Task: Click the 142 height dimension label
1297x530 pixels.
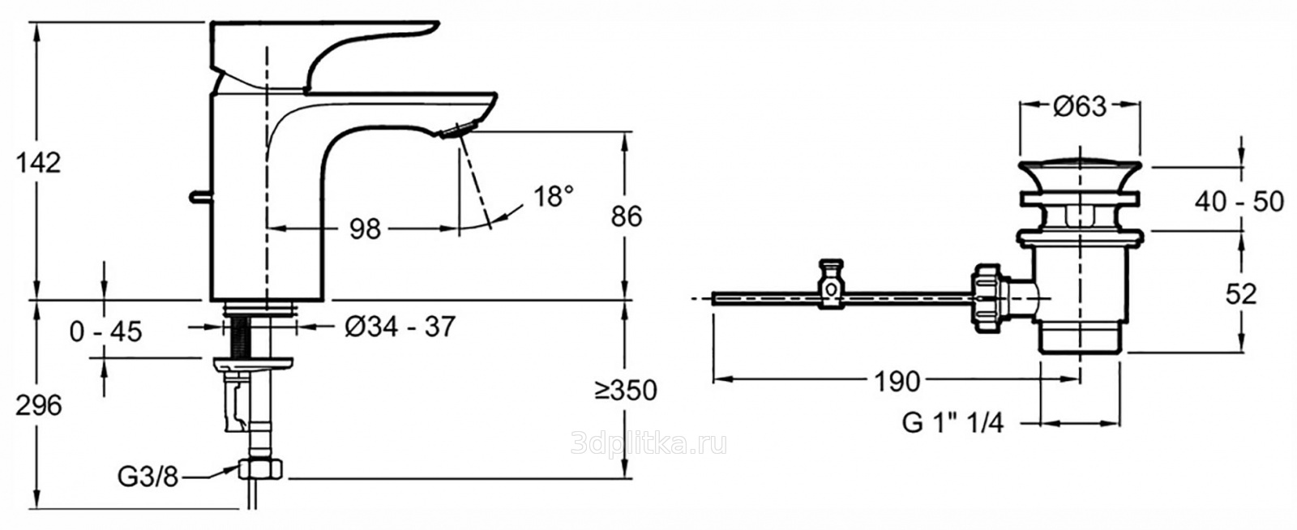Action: [x=38, y=163]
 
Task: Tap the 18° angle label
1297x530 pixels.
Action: [x=554, y=197]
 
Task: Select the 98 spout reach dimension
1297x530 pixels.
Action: [x=366, y=229]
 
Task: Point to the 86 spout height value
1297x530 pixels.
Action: [x=627, y=216]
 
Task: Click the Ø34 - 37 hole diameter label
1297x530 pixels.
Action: [x=400, y=327]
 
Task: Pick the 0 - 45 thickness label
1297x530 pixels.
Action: [x=105, y=331]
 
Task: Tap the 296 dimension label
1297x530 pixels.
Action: [x=38, y=405]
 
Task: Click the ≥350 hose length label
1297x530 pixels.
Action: [x=625, y=391]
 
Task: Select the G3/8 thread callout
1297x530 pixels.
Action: [x=148, y=477]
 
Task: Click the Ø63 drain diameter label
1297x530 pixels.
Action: [x=1080, y=107]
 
